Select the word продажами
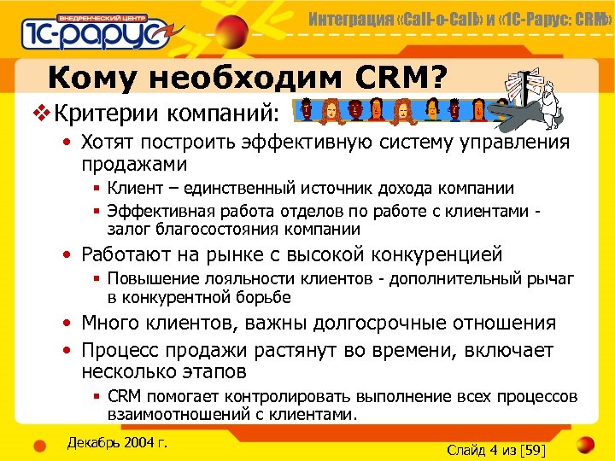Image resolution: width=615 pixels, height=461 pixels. (134, 163)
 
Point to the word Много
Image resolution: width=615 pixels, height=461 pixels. (109, 324)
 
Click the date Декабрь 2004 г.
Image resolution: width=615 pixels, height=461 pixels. (116, 442)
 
